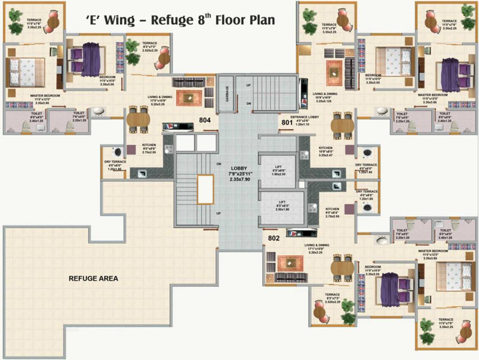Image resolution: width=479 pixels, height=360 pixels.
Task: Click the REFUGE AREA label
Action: pos(93,278)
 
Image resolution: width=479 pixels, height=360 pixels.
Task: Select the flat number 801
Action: pos(287,123)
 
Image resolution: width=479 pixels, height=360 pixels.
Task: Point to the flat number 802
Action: pos(274,238)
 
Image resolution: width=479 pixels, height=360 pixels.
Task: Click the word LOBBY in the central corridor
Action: pos(238,168)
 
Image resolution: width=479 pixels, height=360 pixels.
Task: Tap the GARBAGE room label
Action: pos(227,94)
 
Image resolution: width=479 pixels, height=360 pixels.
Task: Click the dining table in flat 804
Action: pos(138,120)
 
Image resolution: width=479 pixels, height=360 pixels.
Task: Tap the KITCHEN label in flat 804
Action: pos(149,145)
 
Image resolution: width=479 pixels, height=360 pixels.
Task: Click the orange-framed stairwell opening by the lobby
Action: pos(205,189)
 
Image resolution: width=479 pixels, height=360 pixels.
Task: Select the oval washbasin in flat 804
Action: pos(99,111)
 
